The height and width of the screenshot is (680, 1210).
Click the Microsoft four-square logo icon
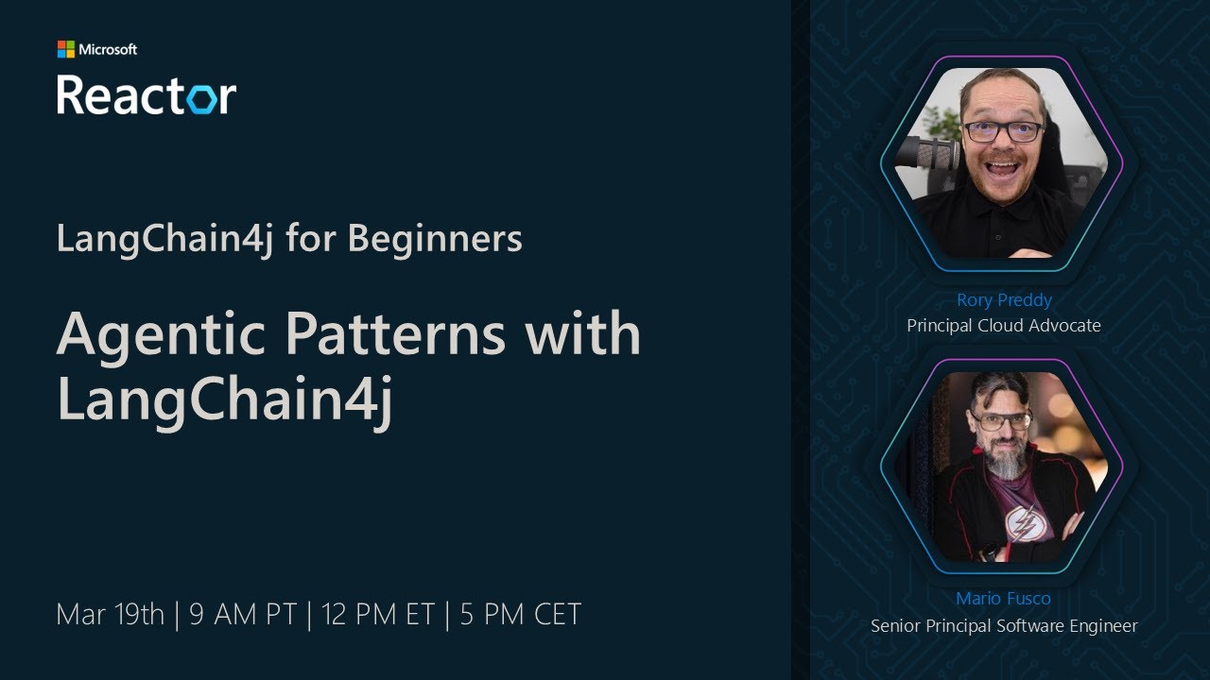(65, 49)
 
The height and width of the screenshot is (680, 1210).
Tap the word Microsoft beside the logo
(108, 49)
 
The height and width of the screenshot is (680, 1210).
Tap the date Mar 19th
(111, 615)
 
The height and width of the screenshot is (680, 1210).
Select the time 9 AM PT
(243, 615)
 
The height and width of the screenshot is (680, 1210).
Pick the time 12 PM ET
(378, 615)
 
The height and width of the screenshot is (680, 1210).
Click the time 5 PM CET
(521, 615)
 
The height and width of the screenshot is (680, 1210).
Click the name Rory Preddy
(1004, 300)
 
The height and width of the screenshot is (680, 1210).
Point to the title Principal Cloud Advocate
(1004, 326)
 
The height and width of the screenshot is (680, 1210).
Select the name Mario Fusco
(1003, 599)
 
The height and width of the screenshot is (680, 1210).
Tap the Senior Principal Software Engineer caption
(1004, 625)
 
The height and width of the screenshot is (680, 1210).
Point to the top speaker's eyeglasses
(1003, 131)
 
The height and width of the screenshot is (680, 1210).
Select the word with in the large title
(586, 334)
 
